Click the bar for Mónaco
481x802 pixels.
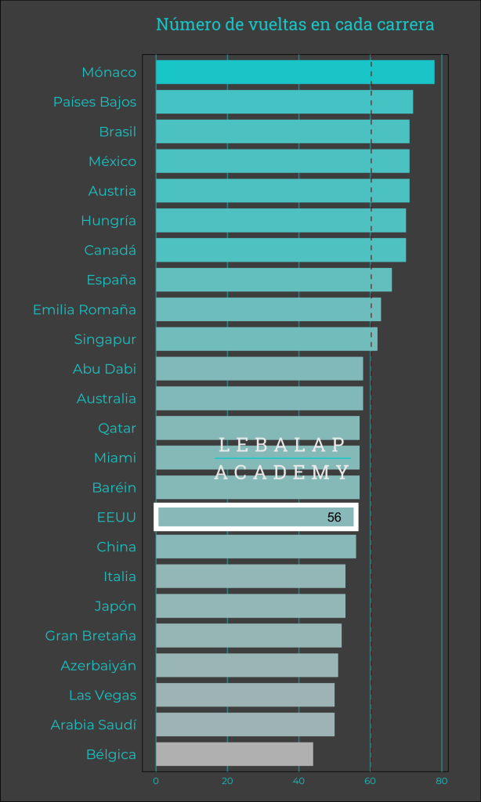(295, 72)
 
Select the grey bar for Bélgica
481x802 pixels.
(234, 754)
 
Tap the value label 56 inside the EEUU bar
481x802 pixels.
(335, 518)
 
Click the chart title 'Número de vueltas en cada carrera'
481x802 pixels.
(295, 25)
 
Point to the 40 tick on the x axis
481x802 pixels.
(298, 781)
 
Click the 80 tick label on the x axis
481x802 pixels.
(442, 781)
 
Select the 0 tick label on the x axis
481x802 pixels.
(156, 781)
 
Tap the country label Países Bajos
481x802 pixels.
(95, 102)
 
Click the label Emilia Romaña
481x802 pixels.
(85, 309)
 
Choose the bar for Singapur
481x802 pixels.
(266, 339)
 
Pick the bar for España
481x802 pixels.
(273, 280)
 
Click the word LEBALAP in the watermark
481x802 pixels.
(282, 445)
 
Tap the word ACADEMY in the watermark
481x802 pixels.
(282, 471)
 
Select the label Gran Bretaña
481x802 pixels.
(91, 635)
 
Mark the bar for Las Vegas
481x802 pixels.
(245, 695)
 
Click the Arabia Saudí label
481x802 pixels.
(93, 724)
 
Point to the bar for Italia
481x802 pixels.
(251, 576)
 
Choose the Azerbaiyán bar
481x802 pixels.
(247, 665)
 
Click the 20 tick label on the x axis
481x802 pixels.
(227, 781)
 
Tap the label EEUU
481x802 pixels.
(117, 517)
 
